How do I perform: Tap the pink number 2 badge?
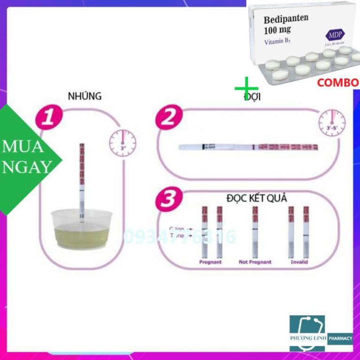coord(168,117)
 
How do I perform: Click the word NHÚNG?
coord(85,96)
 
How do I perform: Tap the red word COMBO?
coord(337,83)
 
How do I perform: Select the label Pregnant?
coord(210,262)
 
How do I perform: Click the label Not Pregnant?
coord(255,262)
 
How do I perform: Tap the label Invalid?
coord(299,262)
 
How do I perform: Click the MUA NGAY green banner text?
coord(26,157)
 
